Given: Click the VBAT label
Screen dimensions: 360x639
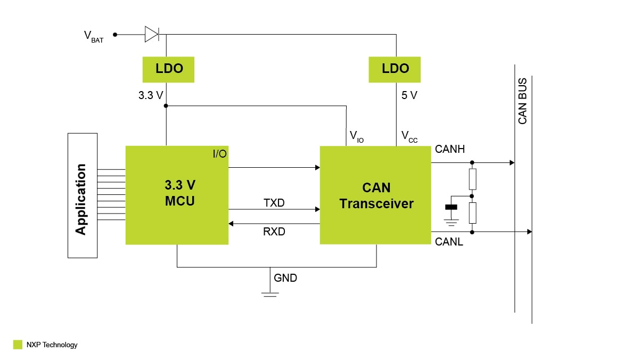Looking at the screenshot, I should point(93,36).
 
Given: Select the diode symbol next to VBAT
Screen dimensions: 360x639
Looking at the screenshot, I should point(152,35).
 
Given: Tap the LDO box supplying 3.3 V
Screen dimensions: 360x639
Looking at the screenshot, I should point(169,69).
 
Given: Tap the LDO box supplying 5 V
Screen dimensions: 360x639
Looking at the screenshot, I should point(395,69).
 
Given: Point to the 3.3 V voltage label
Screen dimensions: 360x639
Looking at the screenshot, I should point(151,96).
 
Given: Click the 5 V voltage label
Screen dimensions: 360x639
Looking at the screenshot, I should point(409,96).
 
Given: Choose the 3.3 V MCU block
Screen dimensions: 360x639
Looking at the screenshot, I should point(177,195).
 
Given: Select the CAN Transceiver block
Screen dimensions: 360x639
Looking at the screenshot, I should point(375,195).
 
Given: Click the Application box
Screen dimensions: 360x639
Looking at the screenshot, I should point(83,195).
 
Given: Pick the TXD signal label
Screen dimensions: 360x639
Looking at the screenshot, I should point(274,203).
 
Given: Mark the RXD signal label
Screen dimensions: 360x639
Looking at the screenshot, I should point(274,232).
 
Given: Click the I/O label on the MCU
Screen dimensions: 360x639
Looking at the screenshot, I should point(219,154).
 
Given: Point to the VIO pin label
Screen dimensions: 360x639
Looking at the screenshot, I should point(356,136).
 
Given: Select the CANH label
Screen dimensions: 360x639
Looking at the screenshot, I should point(449,149).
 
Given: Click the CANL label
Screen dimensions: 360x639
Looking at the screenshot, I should point(449,242).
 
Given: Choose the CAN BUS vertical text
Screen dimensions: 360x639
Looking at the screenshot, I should point(522,101).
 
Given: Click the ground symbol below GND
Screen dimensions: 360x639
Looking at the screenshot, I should point(271,292).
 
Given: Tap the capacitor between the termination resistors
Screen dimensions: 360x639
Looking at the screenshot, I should point(452,207).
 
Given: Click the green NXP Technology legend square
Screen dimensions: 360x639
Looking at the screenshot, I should point(18,345).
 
